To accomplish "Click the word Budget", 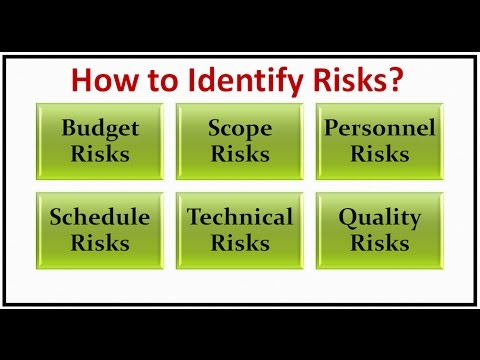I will (x=99, y=128).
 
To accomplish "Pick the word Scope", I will (x=240, y=128).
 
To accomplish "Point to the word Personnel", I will (x=381, y=128).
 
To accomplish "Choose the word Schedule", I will (x=99, y=216).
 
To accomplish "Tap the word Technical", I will (x=240, y=216).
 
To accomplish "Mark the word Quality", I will (x=381, y=216).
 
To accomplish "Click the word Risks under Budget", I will (x=99, y=155).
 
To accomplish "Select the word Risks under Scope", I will (x=240, y=155).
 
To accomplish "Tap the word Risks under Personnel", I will (x=381, y=155).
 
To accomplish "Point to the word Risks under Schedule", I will (x=99, y=243).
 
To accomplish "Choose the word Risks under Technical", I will (x=240, y=243).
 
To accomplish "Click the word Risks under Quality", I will (x=381, y=243).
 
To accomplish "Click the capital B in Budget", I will (x=69, y=128).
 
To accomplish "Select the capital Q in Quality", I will (x=347, y=217).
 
